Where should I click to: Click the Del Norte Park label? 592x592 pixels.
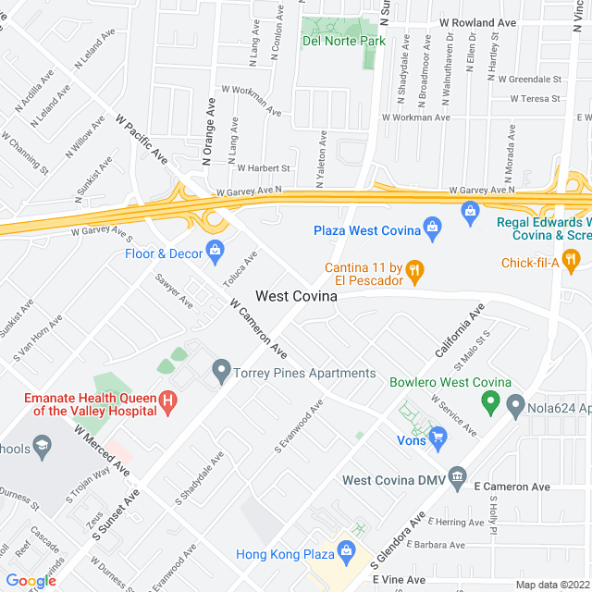[343, 41]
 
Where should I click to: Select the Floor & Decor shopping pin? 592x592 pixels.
[216, 249]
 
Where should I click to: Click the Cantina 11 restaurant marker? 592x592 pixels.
[415, 269]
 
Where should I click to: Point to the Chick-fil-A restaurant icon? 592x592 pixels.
[572, 260]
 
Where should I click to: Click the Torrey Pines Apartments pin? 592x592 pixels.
[221, 373]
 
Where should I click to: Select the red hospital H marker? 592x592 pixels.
[168, 401]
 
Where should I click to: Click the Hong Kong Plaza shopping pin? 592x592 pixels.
[348, 553]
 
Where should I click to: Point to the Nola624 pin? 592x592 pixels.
[516, 404]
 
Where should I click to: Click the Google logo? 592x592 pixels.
[31, 580]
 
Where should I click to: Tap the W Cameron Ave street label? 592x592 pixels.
[258, 328]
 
